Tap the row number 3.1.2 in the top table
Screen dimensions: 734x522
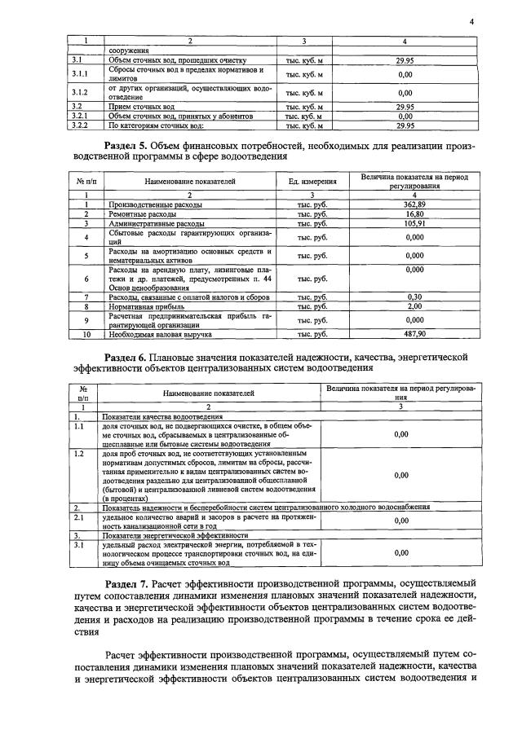click(79, 93)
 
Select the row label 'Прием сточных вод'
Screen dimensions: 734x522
click(142, 107)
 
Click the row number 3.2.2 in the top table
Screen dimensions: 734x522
click(79, 126)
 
